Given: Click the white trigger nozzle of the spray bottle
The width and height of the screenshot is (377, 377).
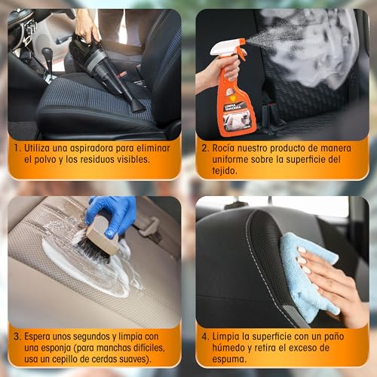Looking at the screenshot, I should (227, 47).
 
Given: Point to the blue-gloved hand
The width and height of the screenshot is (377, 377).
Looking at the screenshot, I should (113, 215).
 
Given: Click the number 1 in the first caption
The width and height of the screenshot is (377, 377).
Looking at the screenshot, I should (18, 149).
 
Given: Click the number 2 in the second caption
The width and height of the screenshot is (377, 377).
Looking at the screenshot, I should (204, 149).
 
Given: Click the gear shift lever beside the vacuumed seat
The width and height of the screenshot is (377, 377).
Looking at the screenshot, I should (47, 60).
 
